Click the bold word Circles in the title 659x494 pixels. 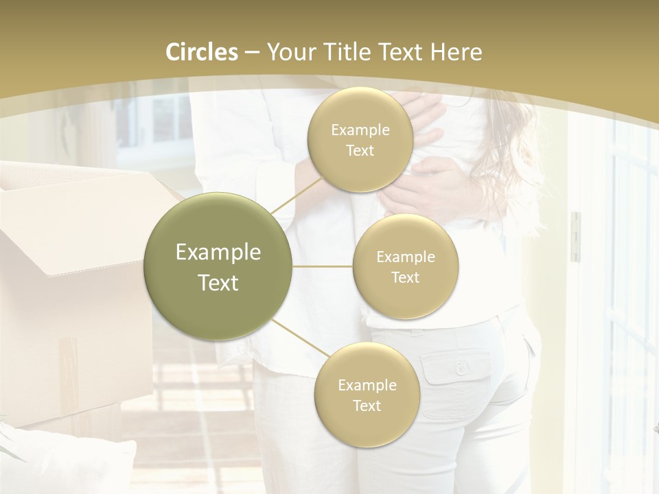202,52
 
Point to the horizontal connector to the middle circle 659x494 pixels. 323,266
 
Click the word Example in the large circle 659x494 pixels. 218,252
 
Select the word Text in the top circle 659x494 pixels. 360,151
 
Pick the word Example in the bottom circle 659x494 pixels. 367,385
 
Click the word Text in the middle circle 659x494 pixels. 405,278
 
